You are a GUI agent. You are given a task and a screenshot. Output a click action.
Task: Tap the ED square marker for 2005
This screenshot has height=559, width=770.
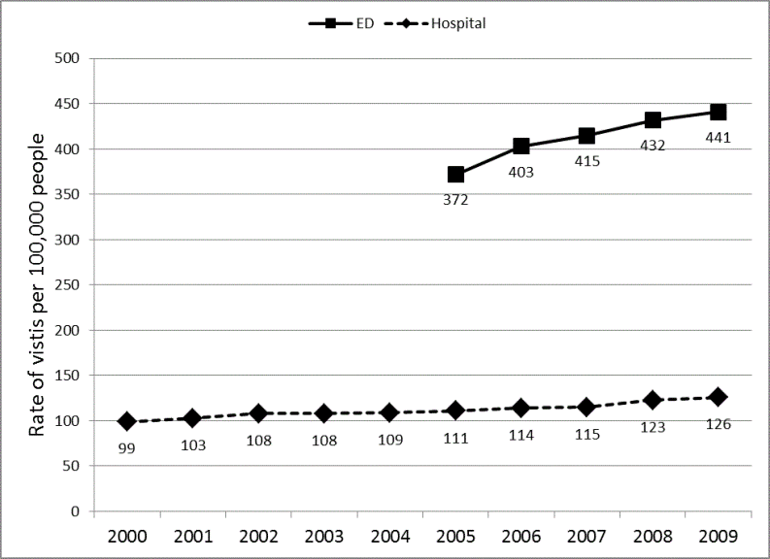point(455,175)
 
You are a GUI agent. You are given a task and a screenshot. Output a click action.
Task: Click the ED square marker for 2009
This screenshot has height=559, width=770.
point(718,113)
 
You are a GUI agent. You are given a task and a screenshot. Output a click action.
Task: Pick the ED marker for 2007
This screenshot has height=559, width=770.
point(586,136)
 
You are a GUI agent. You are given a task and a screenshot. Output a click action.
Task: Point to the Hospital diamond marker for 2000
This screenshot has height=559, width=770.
point(126,421)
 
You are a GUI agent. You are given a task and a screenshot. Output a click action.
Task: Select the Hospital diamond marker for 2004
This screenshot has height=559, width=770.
point(388,412)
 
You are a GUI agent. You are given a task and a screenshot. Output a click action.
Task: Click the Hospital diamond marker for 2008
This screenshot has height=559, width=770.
point(653,400)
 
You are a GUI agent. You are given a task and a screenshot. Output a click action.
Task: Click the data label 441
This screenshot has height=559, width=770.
point(718,138)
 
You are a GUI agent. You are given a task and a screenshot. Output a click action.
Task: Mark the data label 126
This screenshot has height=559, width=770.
point(718,424)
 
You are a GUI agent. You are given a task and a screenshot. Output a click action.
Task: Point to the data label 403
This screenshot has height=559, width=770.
point(520,172)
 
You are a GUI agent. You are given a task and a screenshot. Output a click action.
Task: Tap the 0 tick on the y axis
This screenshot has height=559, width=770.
point(74,511)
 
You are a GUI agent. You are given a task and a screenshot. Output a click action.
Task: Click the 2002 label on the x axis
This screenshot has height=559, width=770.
point(257,536)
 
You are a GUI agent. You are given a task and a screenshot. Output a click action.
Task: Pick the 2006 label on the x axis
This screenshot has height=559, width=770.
point(520,536)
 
